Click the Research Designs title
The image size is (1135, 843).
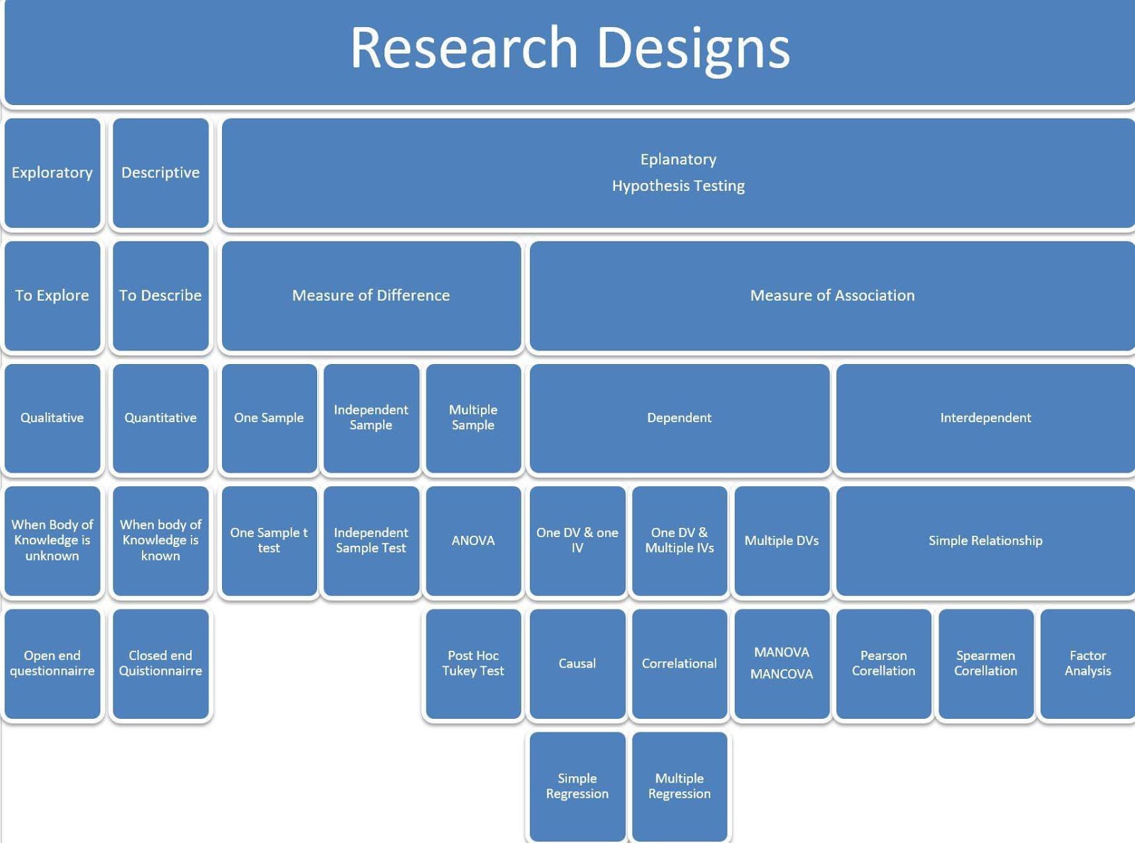tap(570, 48)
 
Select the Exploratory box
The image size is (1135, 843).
tap(52, 172)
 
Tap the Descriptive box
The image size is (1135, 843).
tap(160, 172)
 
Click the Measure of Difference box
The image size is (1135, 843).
tap(371, 295)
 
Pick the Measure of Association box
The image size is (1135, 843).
tap(832, 295)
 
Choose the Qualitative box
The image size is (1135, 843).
tap(52, 418)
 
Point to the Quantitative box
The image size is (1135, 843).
tap(160, 418)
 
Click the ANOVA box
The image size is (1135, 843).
tap(473, 541)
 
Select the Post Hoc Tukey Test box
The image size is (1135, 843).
tap(473, 663)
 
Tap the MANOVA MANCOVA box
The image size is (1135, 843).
tap(782, 663)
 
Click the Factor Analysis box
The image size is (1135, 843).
tap(1087, 663)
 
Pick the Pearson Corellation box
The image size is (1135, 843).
tap(883, 663)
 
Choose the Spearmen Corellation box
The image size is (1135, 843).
tap(985, 663)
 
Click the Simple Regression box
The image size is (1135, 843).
tap(577, 786)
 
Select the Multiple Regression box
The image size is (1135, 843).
tap(680, 786)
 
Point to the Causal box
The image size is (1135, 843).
tap(577, 663)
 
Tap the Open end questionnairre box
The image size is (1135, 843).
tap(52, 663)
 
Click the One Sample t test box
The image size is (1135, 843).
tap(269, 541)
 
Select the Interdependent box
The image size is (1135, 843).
tap(985, 418)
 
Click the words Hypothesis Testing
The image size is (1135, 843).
tap(678, 186)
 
